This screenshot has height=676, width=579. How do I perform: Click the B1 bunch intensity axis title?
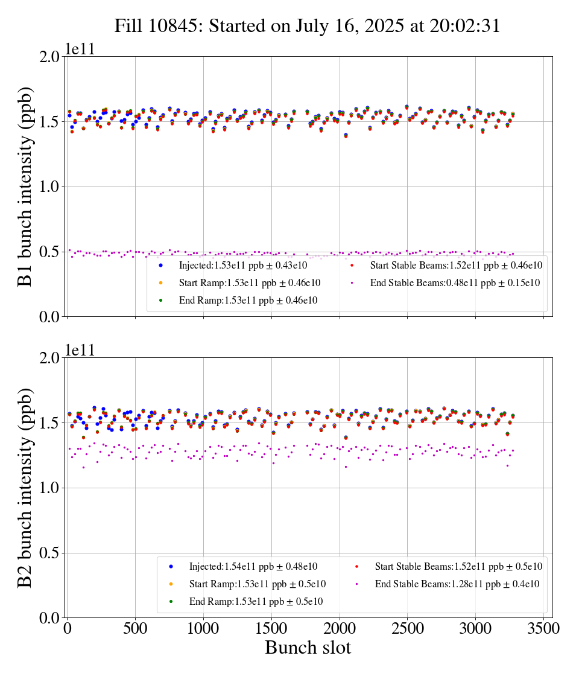pos(25,187)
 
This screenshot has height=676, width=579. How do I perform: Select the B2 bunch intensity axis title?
pos(25,488)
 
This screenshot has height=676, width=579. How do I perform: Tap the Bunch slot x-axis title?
pos(308,648)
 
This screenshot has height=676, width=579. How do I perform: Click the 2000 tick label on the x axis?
pos(340,628)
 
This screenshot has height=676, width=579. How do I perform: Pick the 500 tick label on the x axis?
pos(135,628)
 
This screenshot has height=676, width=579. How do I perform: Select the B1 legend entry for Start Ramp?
pos(249,282)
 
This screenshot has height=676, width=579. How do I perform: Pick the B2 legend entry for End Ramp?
pos(256,601)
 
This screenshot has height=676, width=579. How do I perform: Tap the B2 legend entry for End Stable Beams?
pos(457,584)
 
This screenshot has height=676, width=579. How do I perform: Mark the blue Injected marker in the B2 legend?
pos(171,566)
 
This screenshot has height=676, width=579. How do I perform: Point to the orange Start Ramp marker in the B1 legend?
pos(161,282)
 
